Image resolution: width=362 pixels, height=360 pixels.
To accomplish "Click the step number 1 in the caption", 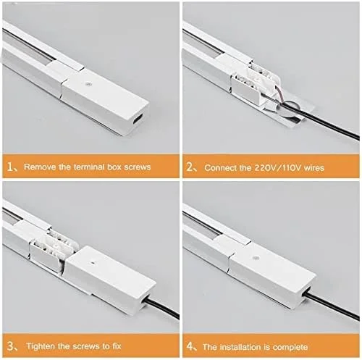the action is tap(10, 167).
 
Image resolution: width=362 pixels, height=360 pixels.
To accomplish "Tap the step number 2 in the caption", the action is tap(189, 167).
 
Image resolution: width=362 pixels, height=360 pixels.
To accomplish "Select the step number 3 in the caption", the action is tap(10, 346).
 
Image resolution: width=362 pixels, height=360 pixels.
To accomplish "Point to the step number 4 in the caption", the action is tap(190, 346).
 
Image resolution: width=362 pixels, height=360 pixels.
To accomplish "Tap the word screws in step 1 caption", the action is tap(138, 167).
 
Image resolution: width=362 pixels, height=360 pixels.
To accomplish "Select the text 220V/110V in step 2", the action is tap(277, 167).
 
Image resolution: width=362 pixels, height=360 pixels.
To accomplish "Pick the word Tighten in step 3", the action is tap(41, 346).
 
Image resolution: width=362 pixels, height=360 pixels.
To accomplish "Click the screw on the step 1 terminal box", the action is tap(88, 85).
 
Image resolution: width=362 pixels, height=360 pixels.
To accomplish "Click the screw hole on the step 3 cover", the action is tap(92, 261).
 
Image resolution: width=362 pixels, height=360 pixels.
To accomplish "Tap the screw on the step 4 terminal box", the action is tap(256, 258).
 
